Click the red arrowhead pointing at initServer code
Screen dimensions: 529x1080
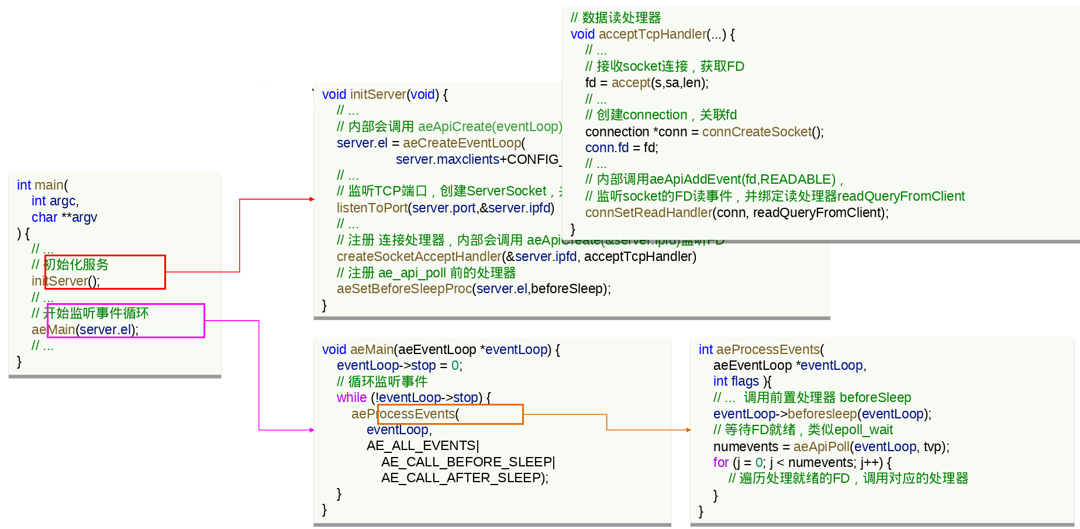pos(312,200)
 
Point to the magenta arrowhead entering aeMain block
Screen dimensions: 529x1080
pos(312,430)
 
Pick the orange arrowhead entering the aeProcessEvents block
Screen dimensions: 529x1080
pos(689,430)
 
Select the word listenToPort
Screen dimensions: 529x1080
pos(372,208)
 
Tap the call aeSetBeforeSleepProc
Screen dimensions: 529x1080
pos(404,289)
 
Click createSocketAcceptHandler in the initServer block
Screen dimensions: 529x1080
pos(419,257)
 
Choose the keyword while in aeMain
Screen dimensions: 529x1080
pos(351,398)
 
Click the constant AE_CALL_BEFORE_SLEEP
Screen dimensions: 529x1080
pos(467,462)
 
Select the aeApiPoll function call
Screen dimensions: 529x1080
pos(821,447)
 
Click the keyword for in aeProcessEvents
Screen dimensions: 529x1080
pos(720,463)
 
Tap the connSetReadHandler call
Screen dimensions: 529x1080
pos(648,213)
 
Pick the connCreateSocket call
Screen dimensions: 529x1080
pos(757,132)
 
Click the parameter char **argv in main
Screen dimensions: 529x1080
pos(64,218)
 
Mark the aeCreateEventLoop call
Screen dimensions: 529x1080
pos(462,143)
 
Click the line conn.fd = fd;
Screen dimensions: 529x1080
pos(622,148)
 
